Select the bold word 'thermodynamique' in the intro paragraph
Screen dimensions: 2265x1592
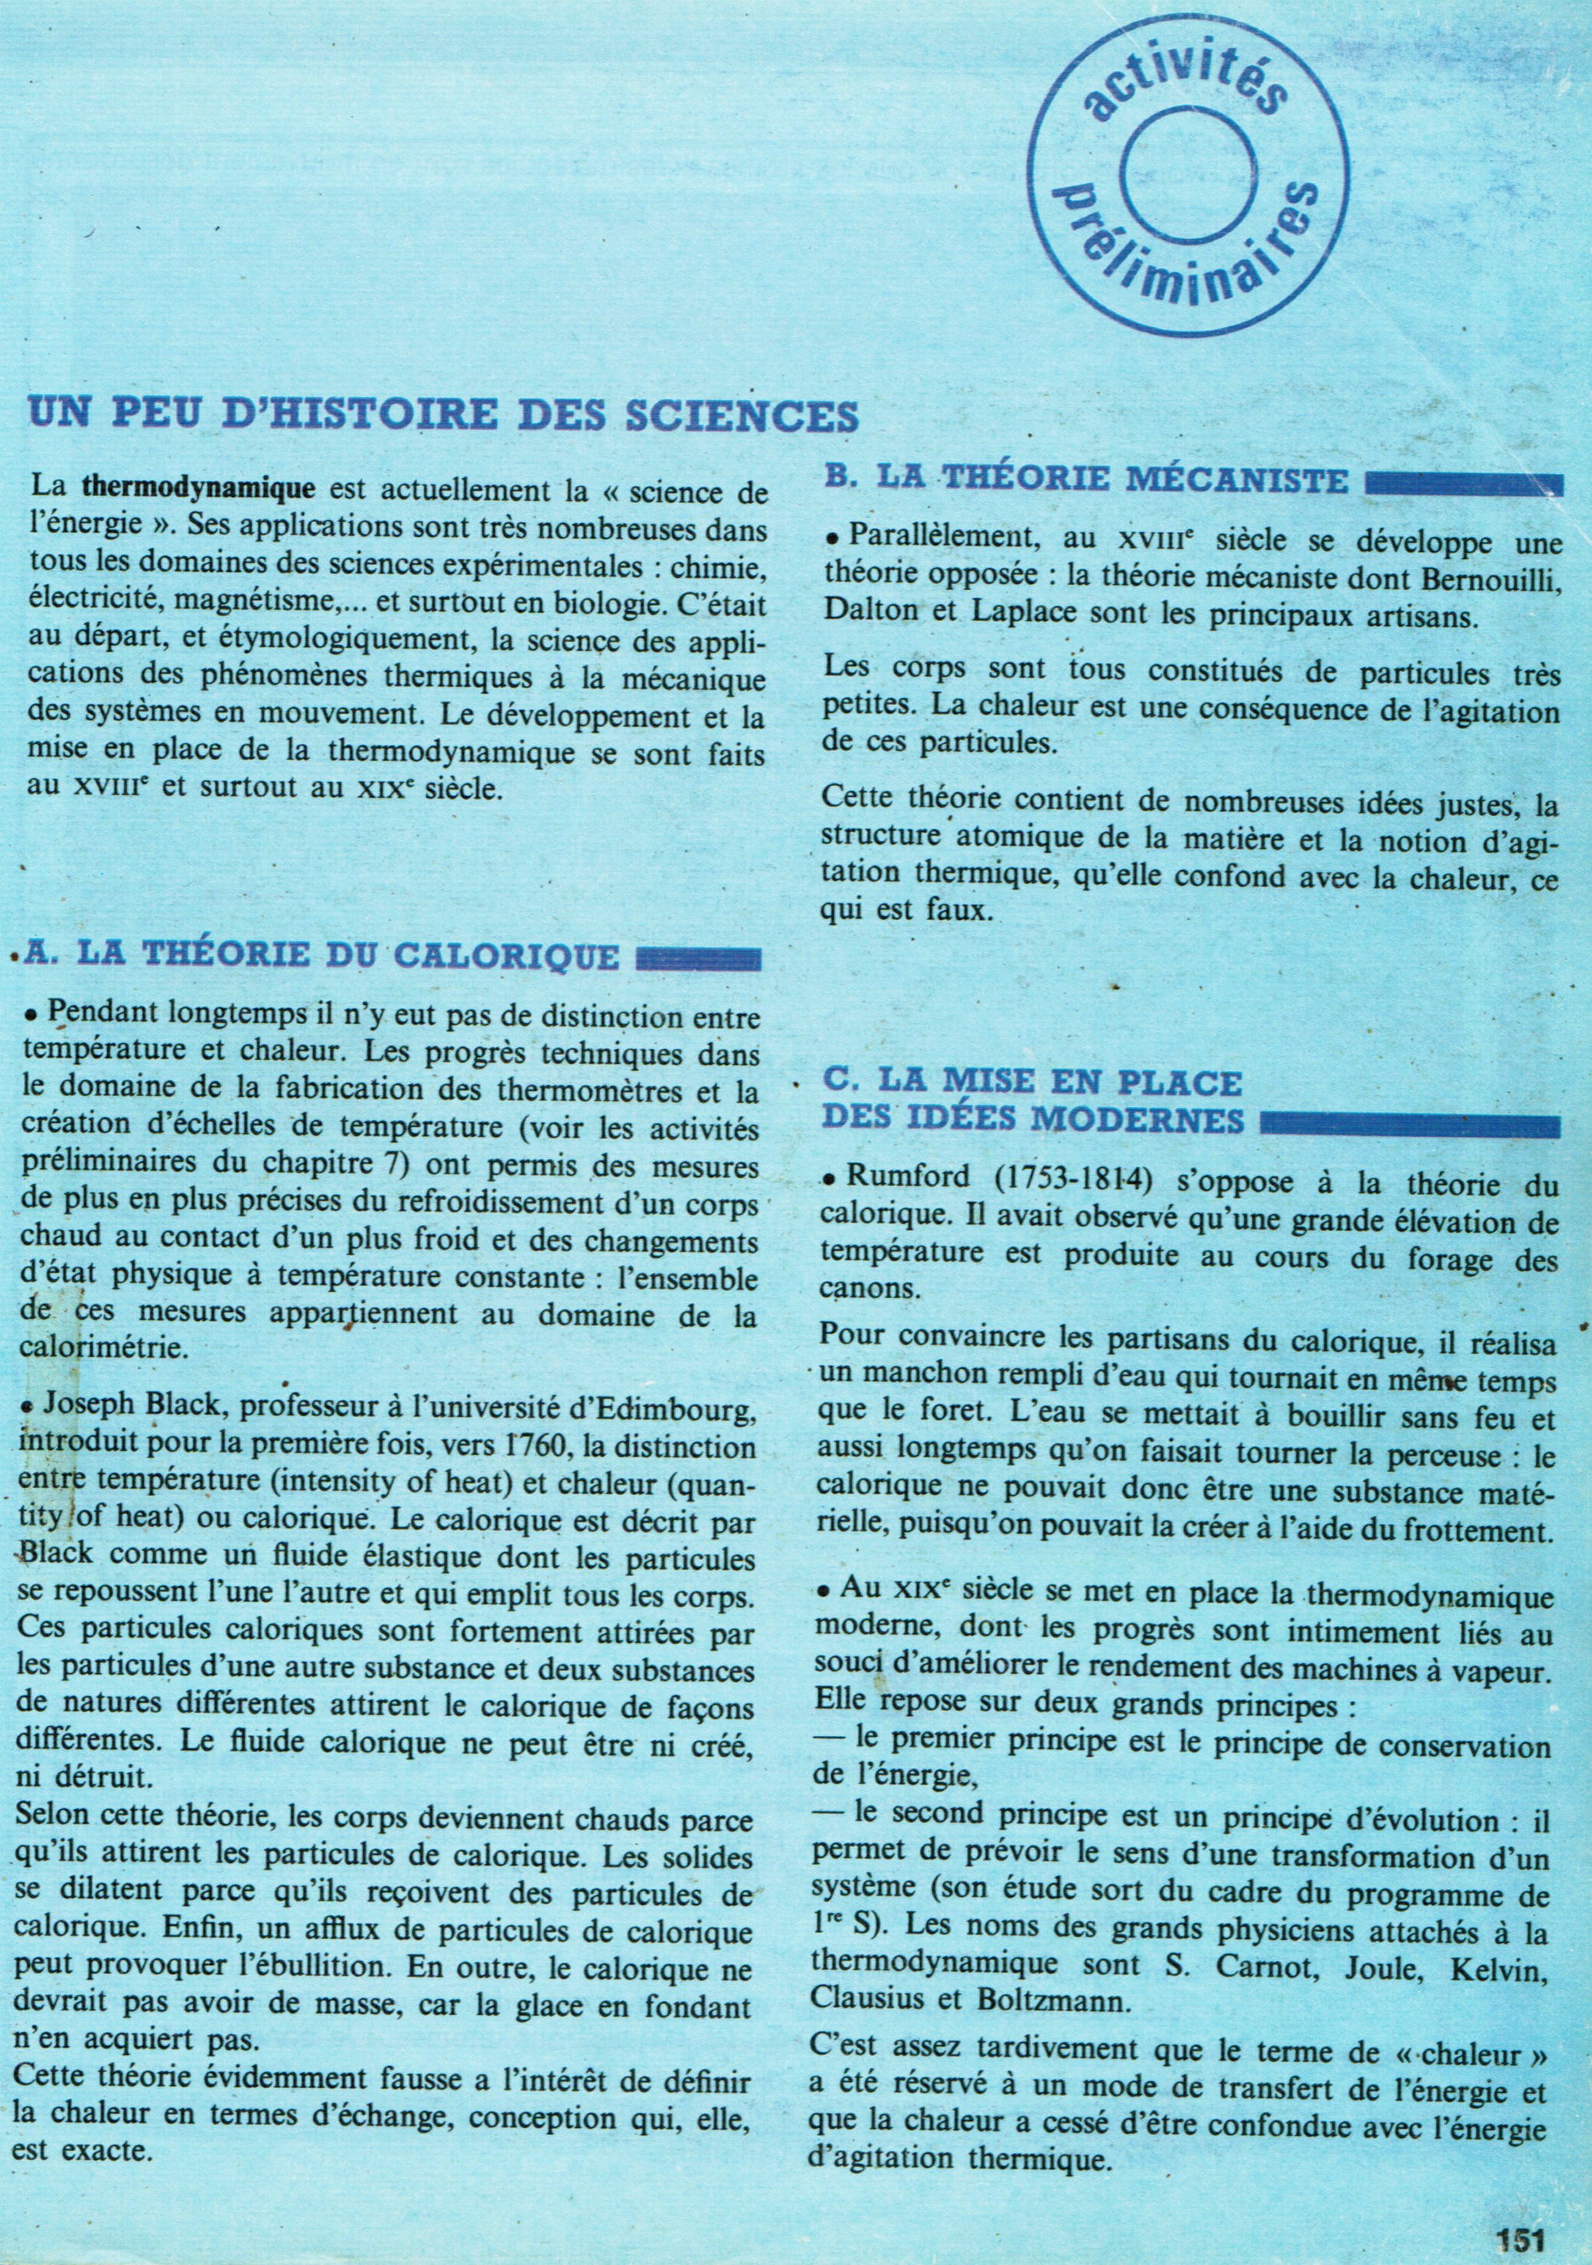pyautogui.click(x=198, y=488)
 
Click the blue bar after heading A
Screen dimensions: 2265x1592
pyautogui.click(x=697, y=959)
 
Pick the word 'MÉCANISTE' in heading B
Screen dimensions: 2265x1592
pyautogui.click(x=1240, y=481)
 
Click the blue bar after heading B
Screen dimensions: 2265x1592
pyautogui.click(x=1463, y=485)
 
